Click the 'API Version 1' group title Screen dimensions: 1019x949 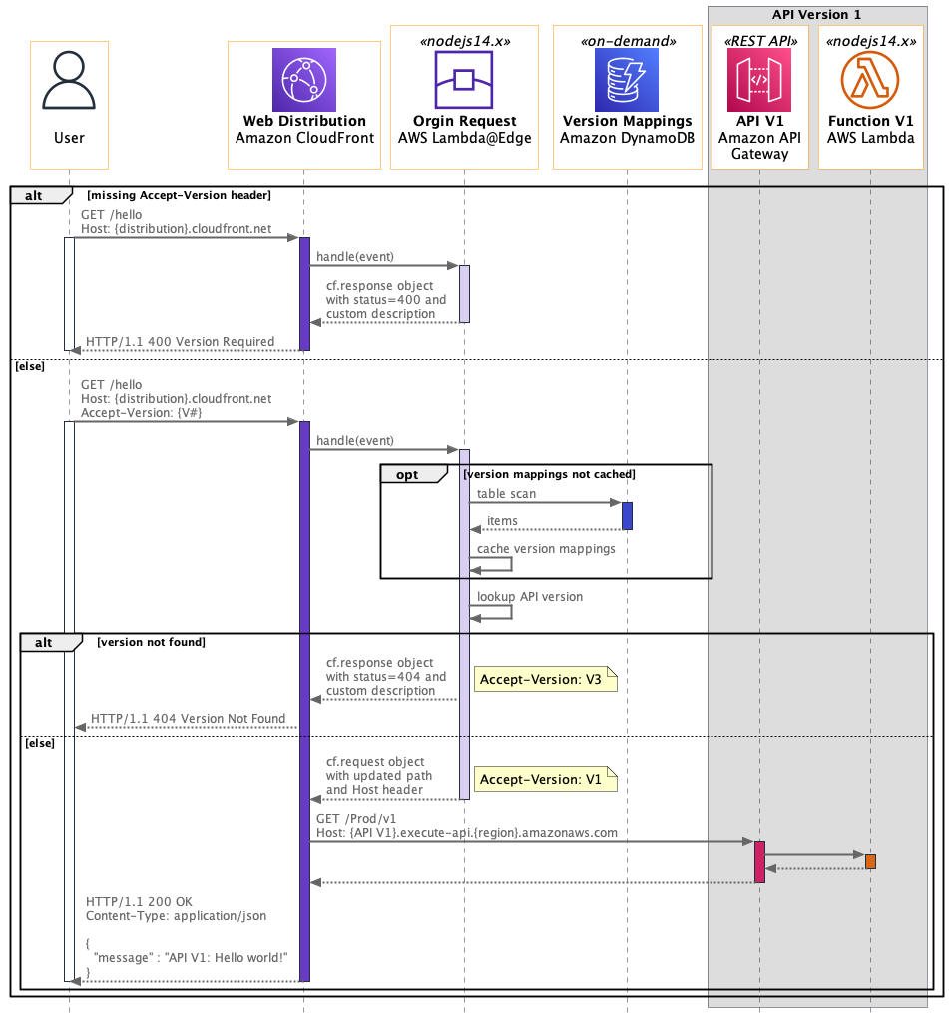pos(816,15)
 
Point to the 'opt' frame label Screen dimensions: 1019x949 pos(407,475)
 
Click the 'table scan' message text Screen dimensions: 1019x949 pos(506,494)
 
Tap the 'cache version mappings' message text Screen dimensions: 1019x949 pos(546,549)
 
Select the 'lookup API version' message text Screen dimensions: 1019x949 pos(530,597)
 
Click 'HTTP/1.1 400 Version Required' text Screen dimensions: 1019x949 pos(180,342)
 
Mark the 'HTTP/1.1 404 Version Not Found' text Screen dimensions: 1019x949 pos(188,718)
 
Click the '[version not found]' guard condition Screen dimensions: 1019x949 pos(151,643)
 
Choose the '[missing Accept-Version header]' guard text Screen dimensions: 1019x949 pos(179,195)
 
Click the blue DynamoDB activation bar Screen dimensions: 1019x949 pos(627,515)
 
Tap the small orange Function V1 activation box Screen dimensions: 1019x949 pos(870,861)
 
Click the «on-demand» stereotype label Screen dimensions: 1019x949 pos(627,42)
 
